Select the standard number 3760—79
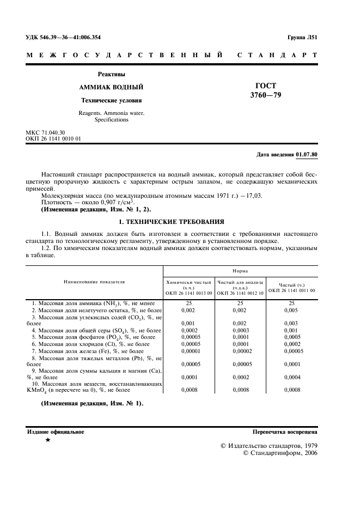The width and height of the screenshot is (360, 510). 265,95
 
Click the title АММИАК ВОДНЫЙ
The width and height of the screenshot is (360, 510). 111,87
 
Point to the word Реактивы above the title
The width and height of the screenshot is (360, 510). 111,74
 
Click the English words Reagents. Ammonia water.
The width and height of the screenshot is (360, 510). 112,113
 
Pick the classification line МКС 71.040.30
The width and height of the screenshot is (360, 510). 45,133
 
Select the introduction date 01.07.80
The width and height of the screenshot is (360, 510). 307,155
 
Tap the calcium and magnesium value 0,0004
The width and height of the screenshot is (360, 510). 291,377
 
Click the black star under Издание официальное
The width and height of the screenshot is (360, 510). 48,439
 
